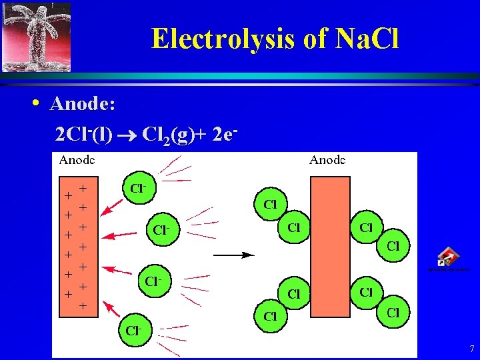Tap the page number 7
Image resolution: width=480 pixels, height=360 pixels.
pos(471,349)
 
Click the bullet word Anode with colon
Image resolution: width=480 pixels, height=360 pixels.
pos(83,104)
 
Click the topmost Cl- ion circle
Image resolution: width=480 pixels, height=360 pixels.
pos(139,188)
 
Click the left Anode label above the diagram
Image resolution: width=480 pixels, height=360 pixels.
pos(77,160)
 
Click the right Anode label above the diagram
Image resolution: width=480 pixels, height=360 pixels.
pos(327,160)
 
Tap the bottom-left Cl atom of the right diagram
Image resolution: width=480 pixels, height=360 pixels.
pos(271,316)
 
